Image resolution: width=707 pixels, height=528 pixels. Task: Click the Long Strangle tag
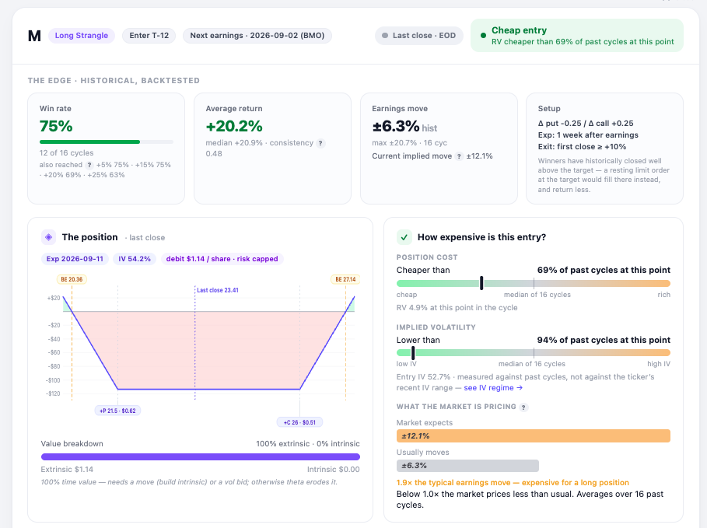[x=81, y=35]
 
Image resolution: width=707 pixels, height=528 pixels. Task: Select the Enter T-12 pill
[x=149, y=35]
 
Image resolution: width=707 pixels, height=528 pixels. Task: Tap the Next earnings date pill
[x=257, y=35]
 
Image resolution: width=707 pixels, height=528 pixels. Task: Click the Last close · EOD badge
[x=419, y=35]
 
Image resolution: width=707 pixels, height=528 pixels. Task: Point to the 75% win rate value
[x=56, y=126]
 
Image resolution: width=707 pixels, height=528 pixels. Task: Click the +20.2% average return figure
[x=234, y=126]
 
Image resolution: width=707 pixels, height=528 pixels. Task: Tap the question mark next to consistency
[x=320, y=143]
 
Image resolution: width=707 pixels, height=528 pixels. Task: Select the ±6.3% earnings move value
[x=395, y=126]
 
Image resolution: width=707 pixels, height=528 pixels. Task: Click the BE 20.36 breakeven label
[x=72, y=279]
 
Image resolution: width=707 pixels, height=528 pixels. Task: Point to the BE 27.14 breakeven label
[x=345, y=279]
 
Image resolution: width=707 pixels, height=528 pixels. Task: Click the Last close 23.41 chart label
[x=218, y=290]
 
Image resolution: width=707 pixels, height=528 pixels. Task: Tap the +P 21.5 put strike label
[x=117, y=411]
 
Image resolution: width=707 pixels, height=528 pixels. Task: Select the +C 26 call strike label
[x=300, y=422]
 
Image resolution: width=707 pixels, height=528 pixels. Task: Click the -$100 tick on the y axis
[x=53, y=380]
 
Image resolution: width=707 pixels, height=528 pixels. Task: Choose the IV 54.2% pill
[x=135, y=259]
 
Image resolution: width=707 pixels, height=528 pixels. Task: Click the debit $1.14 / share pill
[x=222, y=259]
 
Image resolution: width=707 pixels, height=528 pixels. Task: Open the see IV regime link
[x=493, y=388]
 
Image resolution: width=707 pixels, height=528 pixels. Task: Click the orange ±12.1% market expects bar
[x=534, y=436]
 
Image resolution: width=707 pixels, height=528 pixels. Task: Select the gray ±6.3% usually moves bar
[x=467, y=466]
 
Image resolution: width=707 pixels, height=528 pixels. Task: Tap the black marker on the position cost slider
[x=481, y=283]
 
